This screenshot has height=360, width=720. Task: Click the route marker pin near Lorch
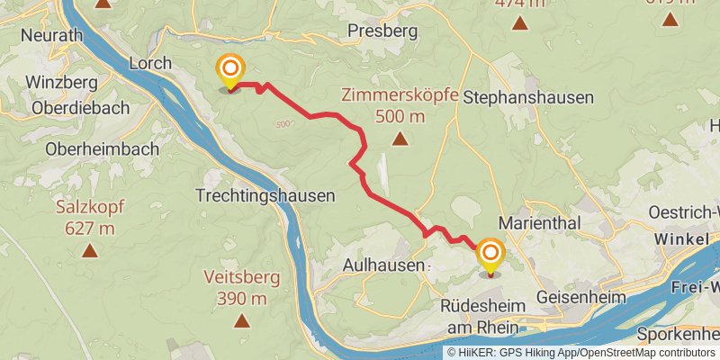[230, 70]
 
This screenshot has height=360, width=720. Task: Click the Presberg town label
[382, 31]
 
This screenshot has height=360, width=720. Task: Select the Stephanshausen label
[528, 97]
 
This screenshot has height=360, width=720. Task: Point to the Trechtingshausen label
[265, 194]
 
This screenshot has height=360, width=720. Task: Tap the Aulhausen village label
[383, 265]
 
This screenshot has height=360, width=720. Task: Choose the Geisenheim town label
[579, 297]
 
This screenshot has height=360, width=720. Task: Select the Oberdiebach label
[80, 107]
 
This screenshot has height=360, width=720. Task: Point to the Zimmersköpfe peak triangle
[400, 139]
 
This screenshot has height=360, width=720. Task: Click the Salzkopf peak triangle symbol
[89, 250]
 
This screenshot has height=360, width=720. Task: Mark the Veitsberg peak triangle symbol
[241, 320]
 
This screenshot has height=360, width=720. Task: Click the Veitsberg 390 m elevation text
[241, 299]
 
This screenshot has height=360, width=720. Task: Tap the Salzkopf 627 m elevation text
[90, 229]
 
